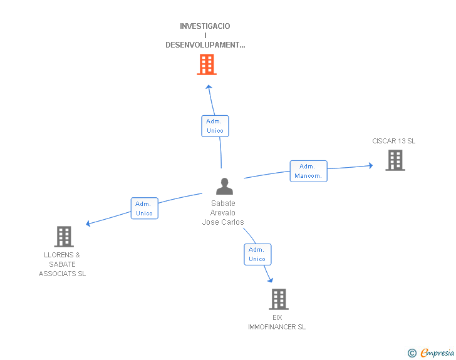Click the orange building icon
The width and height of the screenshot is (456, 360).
point(207,64)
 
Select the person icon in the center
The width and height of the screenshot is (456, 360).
point(224,186)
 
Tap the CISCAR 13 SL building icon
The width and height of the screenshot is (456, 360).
point(395,160)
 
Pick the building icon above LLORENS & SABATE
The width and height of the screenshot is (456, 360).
point(64,237)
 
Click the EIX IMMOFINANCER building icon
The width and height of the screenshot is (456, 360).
point(279,299)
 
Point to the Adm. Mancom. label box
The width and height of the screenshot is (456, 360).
point(309,172)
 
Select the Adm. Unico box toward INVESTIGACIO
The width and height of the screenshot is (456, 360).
point(215,126)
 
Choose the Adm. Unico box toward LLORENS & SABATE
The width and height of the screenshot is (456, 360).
point(145,208)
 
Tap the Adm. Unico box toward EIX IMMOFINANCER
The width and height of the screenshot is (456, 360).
point(257,254)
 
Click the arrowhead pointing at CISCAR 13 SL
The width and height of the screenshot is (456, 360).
point(371,166)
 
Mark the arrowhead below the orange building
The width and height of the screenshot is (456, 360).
point(209,87)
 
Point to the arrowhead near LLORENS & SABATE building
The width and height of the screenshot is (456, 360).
point(88,224)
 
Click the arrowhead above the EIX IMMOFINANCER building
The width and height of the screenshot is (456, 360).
point(271,280)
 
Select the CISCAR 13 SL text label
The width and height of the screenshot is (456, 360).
point(394,141)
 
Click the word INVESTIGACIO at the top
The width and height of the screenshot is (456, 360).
point(205,26)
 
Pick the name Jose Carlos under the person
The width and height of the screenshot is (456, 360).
point(223,222)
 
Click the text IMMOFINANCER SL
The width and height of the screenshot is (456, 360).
point(277,327)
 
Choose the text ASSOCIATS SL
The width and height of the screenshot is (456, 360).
point(62,274)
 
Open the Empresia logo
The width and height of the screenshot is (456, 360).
point(431,352)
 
